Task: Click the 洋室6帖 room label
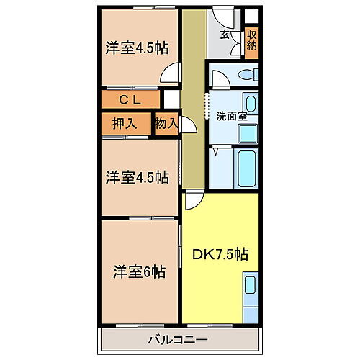[x=139, y=272]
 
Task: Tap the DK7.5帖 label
[x=220, y=254]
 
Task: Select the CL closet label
[x=130, y=99]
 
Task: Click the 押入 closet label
[x=124, y=122]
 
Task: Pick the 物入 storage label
[x=166, y=123]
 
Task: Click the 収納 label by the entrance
[x=252, y=40]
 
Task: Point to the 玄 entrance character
[x=225, y=34]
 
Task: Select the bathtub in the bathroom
[x=246, y=168]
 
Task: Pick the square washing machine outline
[x=248, y=133]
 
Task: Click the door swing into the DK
[x=194, y=201]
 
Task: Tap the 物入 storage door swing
[x=186, y=125]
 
